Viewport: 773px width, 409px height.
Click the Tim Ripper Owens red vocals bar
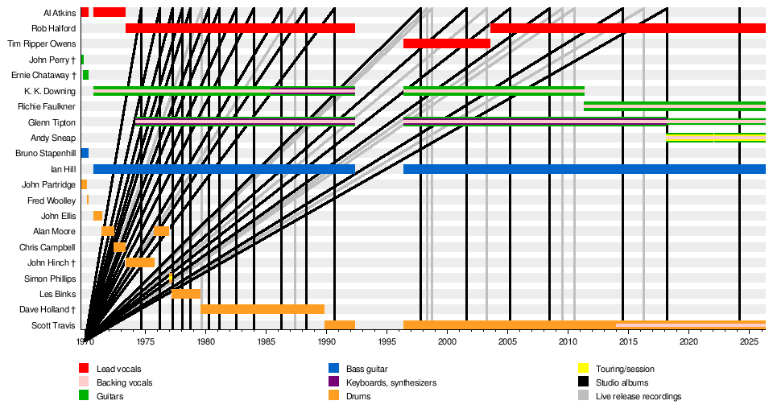[x=446, y=43]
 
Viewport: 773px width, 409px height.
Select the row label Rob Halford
[x=53, y=28]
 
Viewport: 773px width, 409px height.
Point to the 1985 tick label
[x=266, y=341]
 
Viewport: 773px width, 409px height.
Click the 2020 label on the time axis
[x=688, y=341]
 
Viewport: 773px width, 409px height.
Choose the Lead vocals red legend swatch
[x=84, y=369]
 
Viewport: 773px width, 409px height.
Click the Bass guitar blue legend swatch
[x=333, y=369]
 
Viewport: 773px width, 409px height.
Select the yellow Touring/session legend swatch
[x=584, y=369]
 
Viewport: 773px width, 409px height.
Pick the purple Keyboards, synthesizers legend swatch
[x=333, y=382]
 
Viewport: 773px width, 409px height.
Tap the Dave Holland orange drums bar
[x=262, y=309]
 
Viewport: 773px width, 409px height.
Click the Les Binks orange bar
[x=186, y=294]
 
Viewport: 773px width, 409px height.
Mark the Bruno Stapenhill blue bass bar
[x=85, y=153]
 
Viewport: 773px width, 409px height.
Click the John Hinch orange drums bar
[x=139, y=262]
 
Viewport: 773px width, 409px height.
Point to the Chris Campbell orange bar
[x=119, y=247]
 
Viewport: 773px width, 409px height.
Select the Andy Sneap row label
[x=53, y=138]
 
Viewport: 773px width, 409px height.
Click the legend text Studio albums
[x=622, y=382]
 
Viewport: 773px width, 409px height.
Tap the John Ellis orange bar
[x=97, y=216]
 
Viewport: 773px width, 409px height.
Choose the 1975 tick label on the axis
[x=145, y=341]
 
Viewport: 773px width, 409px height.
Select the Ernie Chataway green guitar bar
[x=85, y=75]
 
